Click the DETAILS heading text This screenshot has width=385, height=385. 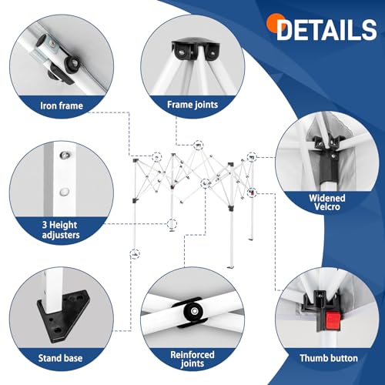pyautogui.click(x=326, y=30)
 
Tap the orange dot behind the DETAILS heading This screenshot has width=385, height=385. pyautogui.click(x=275, y=23)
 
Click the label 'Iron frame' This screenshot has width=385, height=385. pyautogui.click(x=62, y=105)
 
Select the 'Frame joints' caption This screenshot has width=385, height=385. pyautogui.click(x=192, y=105)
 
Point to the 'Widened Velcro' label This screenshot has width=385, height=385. pyautogui.click(x=327, y=203)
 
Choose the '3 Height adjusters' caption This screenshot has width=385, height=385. pyautogui.click(x=61, y=230)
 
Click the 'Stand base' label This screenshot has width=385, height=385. pyautogui.click(x=60, y=358)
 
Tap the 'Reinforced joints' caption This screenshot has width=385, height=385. pyautogui.click(x=192, y=359)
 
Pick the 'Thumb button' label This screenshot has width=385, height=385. pyautogui.click(x=329, y=358)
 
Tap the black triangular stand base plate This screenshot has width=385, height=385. pyautogui.click(x=64, y=316)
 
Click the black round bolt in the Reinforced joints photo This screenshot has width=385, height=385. pyautogui.click(x=194, y=311)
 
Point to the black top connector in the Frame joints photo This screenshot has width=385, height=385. pyautogui.click(x=196, y=49)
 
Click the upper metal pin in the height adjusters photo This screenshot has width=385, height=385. pyautogui.click(x=64, y=155)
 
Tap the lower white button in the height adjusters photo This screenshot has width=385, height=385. pyautogui.click(x=64, y=192)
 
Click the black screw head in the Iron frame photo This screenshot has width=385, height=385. pyautogui.click(x=73, y=62)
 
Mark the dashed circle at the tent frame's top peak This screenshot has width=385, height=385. pyautogui.click(x=198, y=146)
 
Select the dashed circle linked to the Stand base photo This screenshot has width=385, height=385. pyautogui.click(x=135, y=253)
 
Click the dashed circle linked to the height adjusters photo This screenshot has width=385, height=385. pyautogui.click(x=172, y=224)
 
